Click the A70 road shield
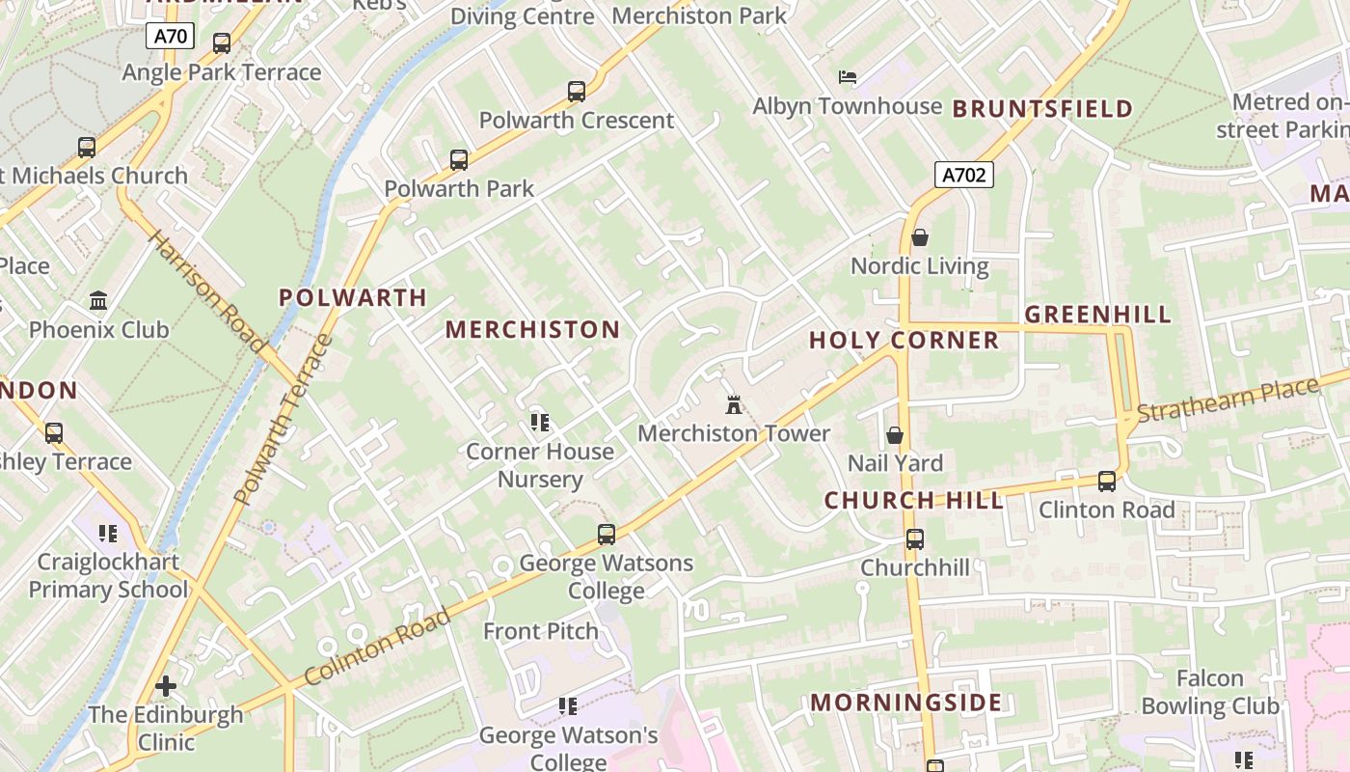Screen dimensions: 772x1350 tap(171, 38)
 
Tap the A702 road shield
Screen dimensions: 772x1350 tap(963, 175)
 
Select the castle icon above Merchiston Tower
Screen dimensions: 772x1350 tap(733, 404)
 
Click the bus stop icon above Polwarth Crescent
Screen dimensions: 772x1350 tap(577, 92)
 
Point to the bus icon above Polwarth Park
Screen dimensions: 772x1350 tap(459, 160)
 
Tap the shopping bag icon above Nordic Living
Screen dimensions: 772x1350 tap(920, 237)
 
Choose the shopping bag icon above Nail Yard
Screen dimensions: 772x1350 tap(895, 435)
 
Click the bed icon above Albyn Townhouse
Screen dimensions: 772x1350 tap(848, 77)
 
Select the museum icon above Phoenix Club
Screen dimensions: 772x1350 tap(98, 301)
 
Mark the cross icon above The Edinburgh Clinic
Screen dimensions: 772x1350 tap(166, 686)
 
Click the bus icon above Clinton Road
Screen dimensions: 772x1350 tap(1107, 481)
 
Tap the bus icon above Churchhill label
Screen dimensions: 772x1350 tap(915, 538)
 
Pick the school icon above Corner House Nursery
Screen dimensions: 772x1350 tap(540, 423)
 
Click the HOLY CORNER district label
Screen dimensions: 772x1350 tap(904, 340)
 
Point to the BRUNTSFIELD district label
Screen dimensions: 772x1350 tap(1042, 108)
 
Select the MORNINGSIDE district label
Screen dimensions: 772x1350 tap(905, 702)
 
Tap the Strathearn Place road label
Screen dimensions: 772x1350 tap(1227, 400)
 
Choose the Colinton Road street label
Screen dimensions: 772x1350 tap(378, 647)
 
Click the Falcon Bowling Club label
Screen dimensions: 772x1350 tap(1210, 692)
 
